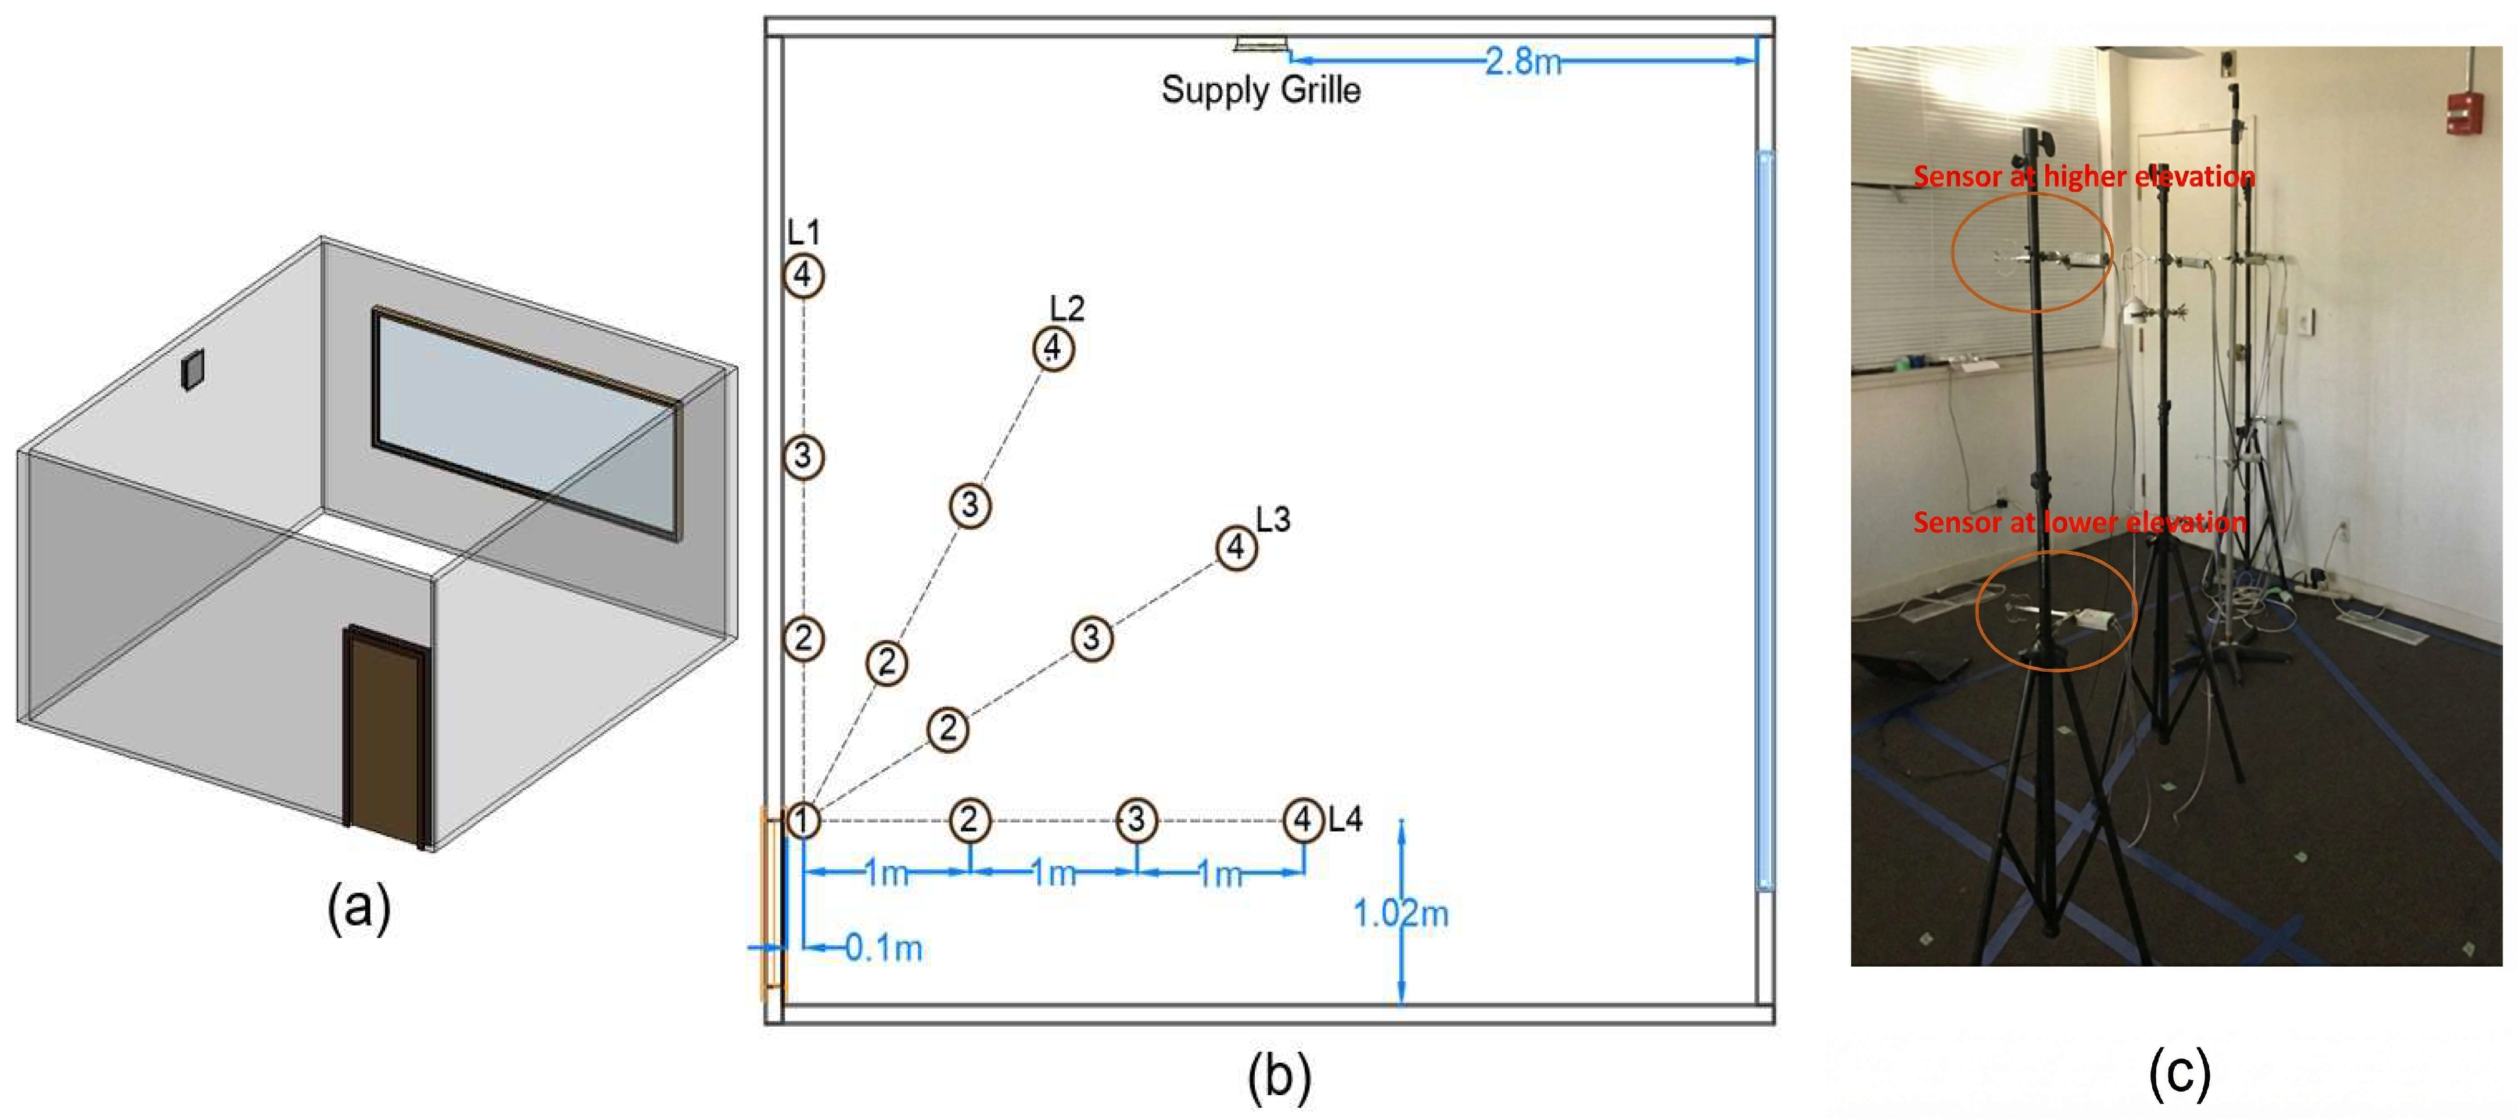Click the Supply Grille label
coord(1261,90)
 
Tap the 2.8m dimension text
coord(1523,62)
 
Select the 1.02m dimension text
coord(1400,914)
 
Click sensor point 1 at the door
coord(802,820)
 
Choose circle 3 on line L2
coord(970,505)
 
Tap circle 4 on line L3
coord(1236,547)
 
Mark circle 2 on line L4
coord(970,820)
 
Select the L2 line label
coord(1067,309)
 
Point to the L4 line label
coord(1345,819)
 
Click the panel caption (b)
coord(1279,1075)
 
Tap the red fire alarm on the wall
coord(2484,115)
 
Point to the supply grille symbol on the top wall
coord(1262,44)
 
